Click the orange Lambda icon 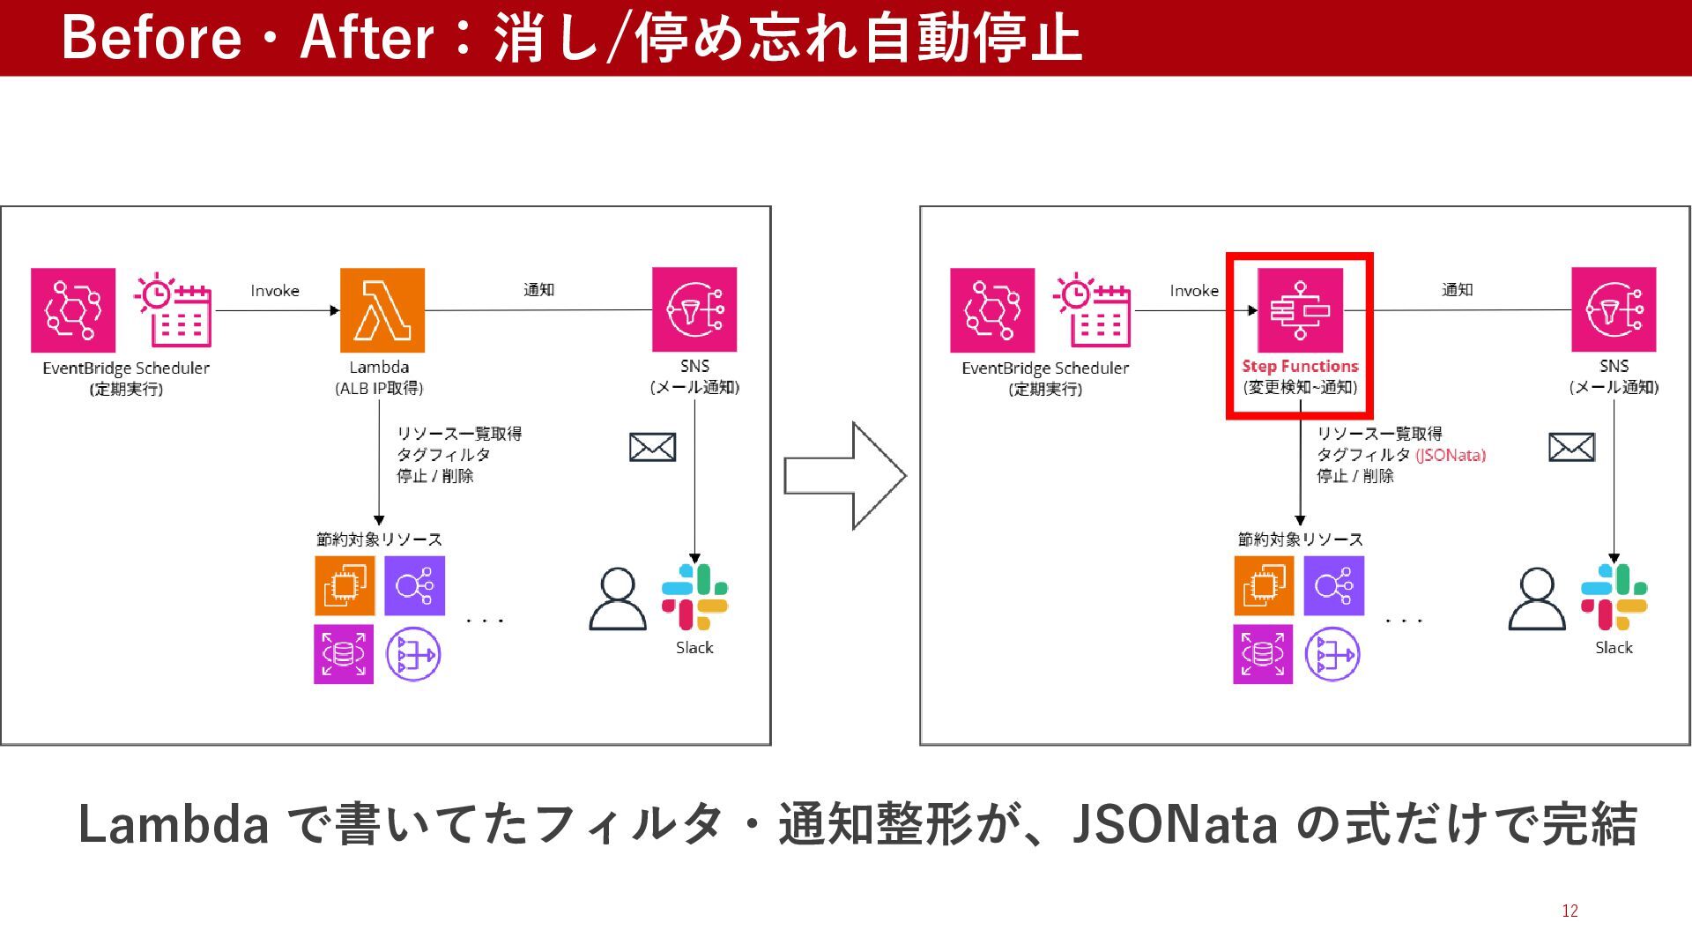(382, 310)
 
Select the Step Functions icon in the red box (1300, 310)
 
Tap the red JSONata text (1451, 455)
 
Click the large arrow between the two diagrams (845, 476)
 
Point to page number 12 (1570, 911)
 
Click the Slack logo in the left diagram (694, 597)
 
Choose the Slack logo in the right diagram (1614, 597)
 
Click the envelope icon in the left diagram (652, 448)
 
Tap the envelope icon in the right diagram (1571, 448)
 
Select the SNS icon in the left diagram (694, 309)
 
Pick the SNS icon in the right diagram (1614, 309)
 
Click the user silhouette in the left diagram (617, 599)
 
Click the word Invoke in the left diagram (275, 291)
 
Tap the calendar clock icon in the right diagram (1092, 309)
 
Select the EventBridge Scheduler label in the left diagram (126, 368)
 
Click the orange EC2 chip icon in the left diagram (345, 585)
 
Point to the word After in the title (367, 38)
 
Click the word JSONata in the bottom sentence (1175, 825)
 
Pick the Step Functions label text (1300, 366)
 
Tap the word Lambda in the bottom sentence (174, 825)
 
